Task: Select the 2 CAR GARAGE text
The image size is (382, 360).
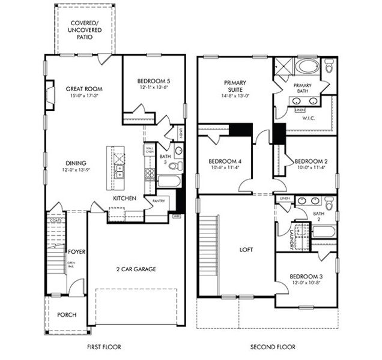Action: (136, 269)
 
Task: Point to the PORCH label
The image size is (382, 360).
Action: (67, 315)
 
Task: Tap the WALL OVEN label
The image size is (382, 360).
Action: (150, 150)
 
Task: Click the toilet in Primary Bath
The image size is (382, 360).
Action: (329, 66)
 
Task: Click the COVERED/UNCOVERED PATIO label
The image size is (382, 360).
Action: (84, 28)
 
